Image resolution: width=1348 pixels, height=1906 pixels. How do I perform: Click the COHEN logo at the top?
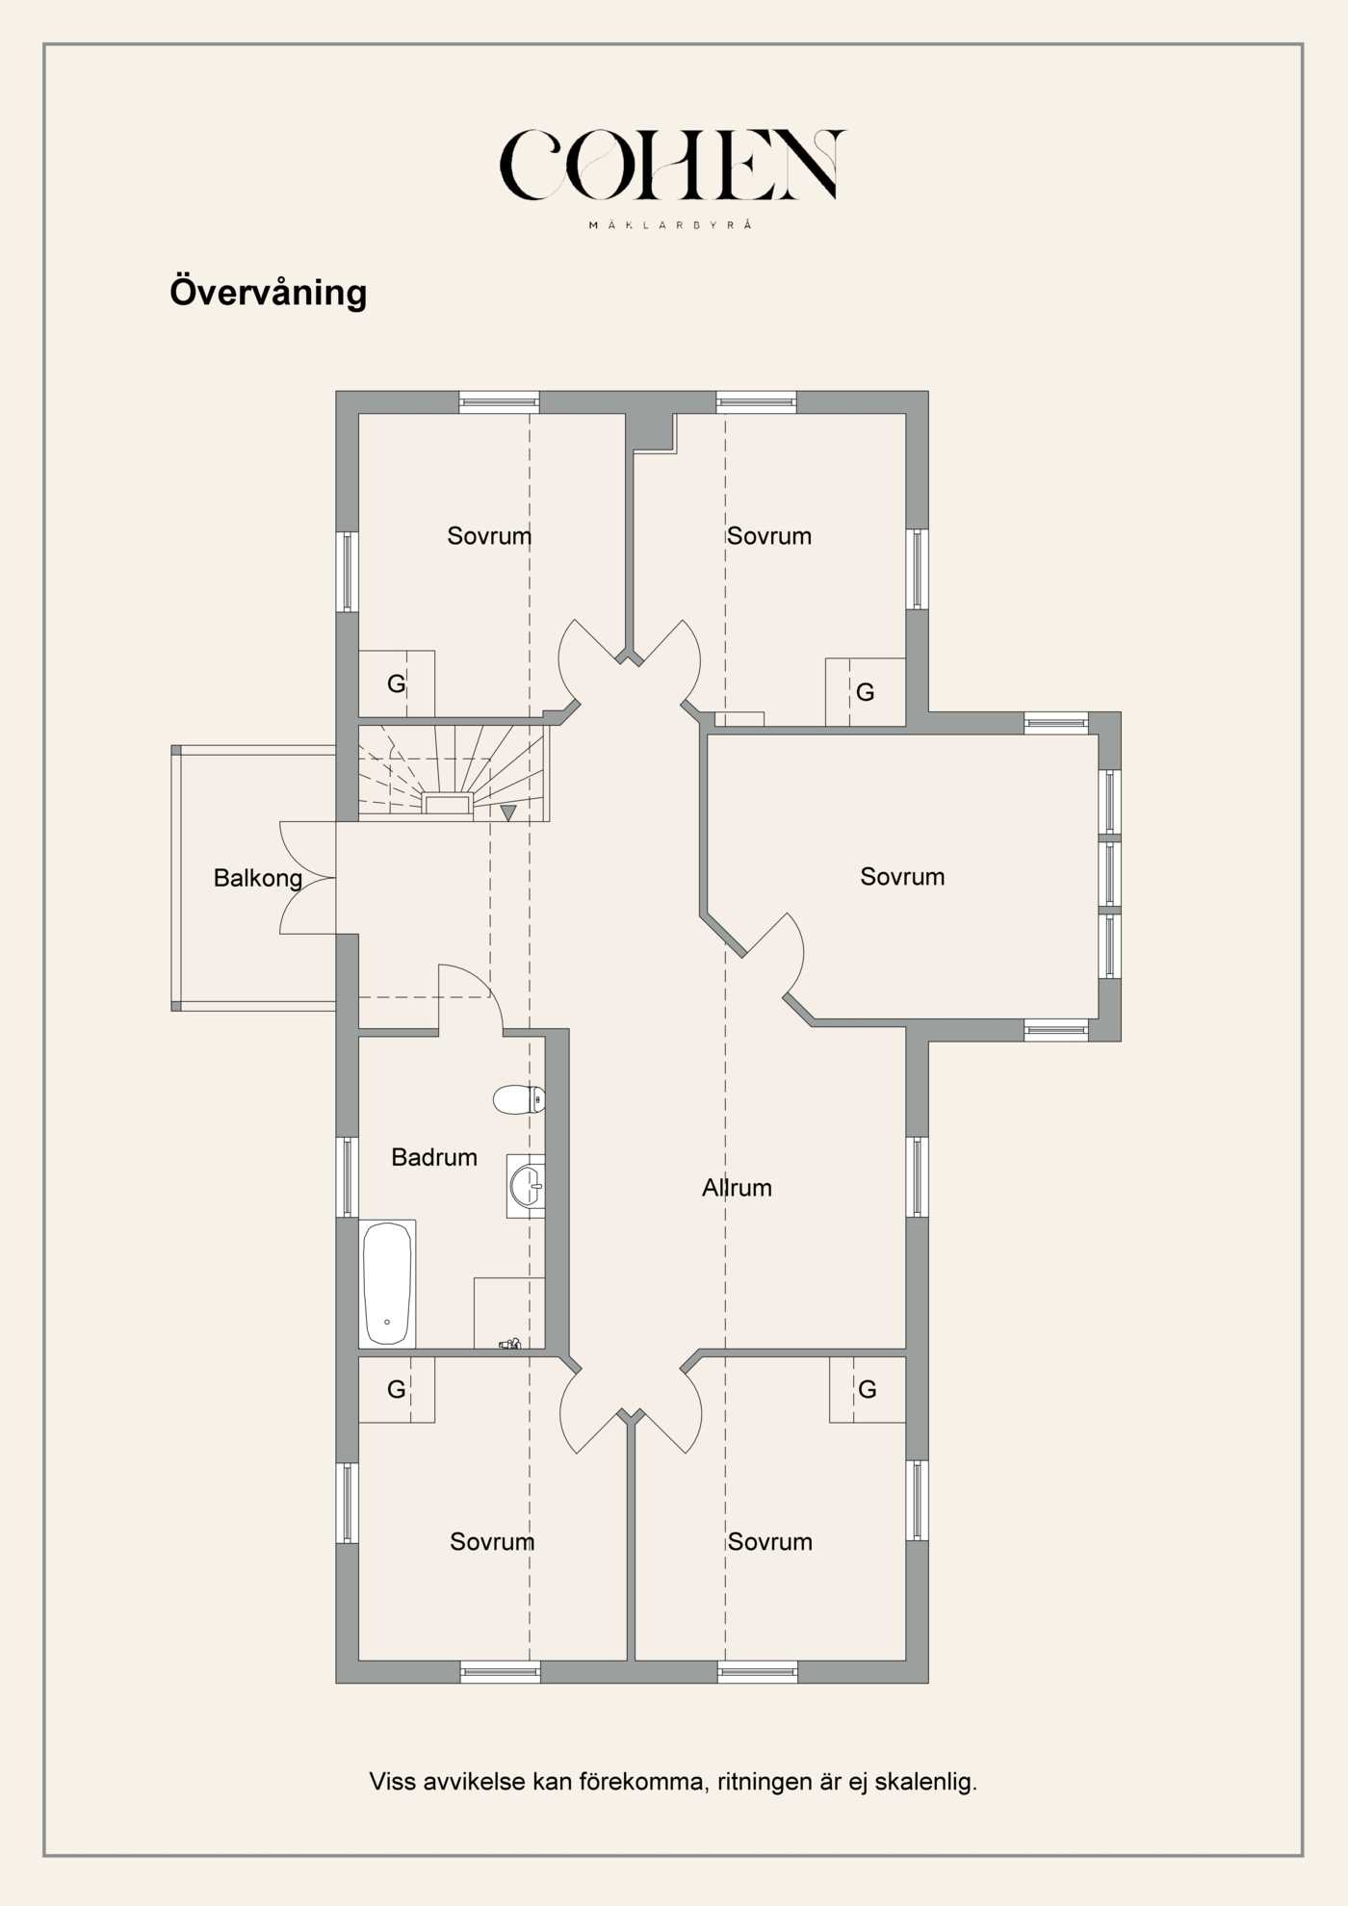(x=671, y=166)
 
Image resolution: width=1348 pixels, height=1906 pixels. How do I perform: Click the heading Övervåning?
(x=268, y=293)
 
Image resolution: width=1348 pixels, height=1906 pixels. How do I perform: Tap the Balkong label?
(x=257, y=878)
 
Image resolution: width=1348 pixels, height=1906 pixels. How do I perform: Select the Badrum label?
(x=433, y=1157)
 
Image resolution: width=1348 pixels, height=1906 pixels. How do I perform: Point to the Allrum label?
(x=737, y=1188)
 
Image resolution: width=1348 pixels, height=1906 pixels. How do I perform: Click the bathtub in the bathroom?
(x=387, y=1283)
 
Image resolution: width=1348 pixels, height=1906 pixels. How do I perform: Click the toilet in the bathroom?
(x=518, y=1098)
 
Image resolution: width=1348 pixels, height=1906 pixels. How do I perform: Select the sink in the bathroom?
(x=527, y=1186)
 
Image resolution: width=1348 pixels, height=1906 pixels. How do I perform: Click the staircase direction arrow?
(x=508, y=812)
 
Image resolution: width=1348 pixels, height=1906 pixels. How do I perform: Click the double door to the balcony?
(x=308, y=878)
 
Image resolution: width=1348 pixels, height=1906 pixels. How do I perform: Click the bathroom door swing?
(x=469, y=997)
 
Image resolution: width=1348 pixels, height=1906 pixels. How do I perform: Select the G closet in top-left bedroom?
(x=396, y=683)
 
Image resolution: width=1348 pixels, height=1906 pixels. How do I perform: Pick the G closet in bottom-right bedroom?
(x=867, y=1389)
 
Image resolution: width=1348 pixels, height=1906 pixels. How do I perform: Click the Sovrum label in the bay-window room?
(x=902, y=877)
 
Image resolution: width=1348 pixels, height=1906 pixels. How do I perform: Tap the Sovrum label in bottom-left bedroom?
(x=491, y=1541)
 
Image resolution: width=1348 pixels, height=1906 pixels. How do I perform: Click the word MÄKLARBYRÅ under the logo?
(x=670, y=225)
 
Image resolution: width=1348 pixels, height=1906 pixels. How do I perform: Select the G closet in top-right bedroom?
(x=865, y=692)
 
